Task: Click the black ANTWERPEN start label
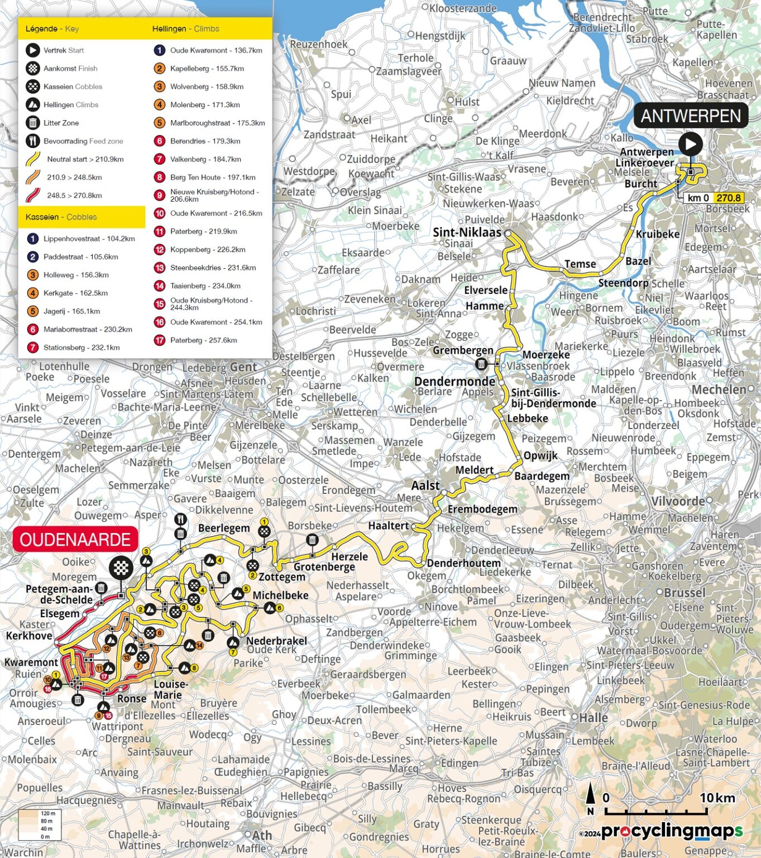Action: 690,116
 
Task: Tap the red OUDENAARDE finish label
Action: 75,540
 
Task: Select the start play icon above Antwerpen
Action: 690,144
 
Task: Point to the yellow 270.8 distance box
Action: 729,198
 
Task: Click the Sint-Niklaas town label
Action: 467,232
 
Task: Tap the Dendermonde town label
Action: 454,382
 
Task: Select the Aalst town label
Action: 425,485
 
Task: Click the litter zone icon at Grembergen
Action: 481,364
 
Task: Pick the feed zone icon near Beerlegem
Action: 180,519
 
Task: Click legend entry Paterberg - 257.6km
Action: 203,340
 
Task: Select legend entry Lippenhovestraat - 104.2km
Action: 89,239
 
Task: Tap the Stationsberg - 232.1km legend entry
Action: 82,347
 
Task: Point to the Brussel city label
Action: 685,593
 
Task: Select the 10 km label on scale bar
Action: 717,798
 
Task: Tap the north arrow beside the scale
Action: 590,798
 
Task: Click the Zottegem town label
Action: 281,576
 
